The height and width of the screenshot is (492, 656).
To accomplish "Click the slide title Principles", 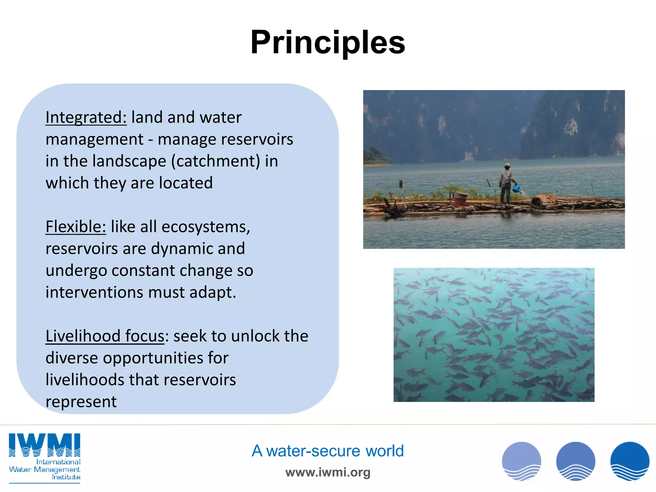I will (x=328, y=43).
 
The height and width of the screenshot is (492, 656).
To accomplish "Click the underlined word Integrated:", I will (x=86, y=117).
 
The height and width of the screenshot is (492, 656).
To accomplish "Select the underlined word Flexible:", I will (x=76, y=227).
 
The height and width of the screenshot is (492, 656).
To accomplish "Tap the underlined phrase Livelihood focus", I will (x=105, y=336).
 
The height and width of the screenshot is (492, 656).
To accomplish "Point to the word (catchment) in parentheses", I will (x=216, y=161).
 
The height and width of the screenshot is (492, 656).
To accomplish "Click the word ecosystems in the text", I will (x=205, y=227).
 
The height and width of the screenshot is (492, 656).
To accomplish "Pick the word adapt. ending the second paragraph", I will (x=213, y=292).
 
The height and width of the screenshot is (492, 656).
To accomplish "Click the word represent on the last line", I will (x=81, y=402).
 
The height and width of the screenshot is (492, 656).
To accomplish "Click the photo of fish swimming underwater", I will (x=494, y=335).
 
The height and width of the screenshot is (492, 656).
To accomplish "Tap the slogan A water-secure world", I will (x=327, y=451).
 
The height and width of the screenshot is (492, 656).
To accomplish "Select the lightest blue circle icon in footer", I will (x=521, y=461).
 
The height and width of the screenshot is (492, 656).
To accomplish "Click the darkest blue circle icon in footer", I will (x=629, y=461).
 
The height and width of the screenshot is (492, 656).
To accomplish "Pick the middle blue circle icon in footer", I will (x=575, y=461).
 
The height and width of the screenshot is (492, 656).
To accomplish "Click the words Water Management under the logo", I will (x=45, y=470).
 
